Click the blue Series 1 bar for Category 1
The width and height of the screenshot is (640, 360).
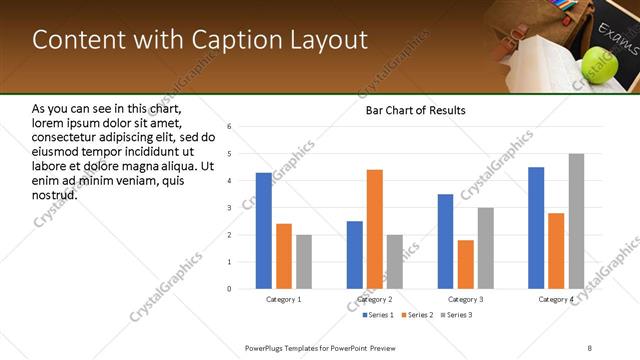(x=263, y=231)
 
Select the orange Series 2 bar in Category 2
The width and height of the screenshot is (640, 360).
(x=375, y=229)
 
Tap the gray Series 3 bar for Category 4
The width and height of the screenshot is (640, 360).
(x=576, y=221)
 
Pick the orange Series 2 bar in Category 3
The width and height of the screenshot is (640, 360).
(x=466, y=264)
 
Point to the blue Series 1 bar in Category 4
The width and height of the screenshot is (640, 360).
(x=536, y=228)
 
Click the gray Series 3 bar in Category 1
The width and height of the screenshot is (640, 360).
(x=303, y=262)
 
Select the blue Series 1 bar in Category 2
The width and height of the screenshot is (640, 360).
(x=355, y=255)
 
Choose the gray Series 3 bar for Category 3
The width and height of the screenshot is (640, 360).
(x=486, y=248)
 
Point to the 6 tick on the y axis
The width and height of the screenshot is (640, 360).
(x=229, y=127)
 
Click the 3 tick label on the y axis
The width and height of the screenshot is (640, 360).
(x=229, y=208)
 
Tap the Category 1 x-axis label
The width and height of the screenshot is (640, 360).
(x=283, y=299)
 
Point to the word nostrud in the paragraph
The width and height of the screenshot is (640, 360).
(x=55, y=194)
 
